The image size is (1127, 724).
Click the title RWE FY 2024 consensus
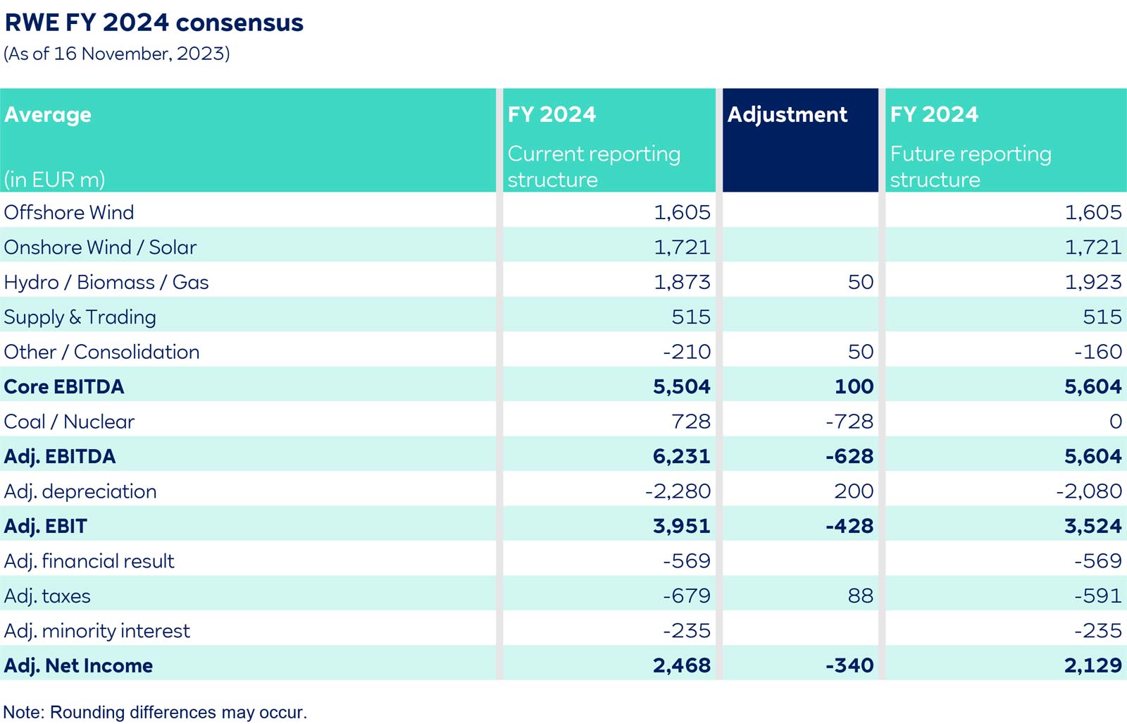coord(154,23)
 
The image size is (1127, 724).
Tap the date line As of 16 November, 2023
coord(117,54)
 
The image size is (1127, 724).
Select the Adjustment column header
coord(787,115)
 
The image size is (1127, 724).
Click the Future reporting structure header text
coord(970,166)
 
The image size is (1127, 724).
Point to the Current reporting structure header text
coord(593,166)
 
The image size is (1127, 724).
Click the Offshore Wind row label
coord(69,212)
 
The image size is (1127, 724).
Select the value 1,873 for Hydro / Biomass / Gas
coord(682,282)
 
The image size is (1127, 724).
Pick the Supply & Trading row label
coord(80,317)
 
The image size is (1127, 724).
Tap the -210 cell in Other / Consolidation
coord(687,352)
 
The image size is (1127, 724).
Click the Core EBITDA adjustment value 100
coord(854,386)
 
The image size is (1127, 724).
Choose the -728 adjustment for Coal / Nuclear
coord(849,422)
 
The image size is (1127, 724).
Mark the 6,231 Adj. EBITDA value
coord(681,456)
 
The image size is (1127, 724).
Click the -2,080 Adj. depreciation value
coord(1088,491)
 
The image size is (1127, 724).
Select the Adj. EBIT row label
coord(45,526)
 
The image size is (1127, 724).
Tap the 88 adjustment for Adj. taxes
coord(860,596)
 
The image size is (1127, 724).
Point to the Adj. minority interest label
coord(96,631)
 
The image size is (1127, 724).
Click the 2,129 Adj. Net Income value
coord(1092,665)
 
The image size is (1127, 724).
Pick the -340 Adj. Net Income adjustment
coord(849,665)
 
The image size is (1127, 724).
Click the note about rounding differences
coord(155,712)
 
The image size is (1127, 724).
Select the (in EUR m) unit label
coord(54,180)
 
